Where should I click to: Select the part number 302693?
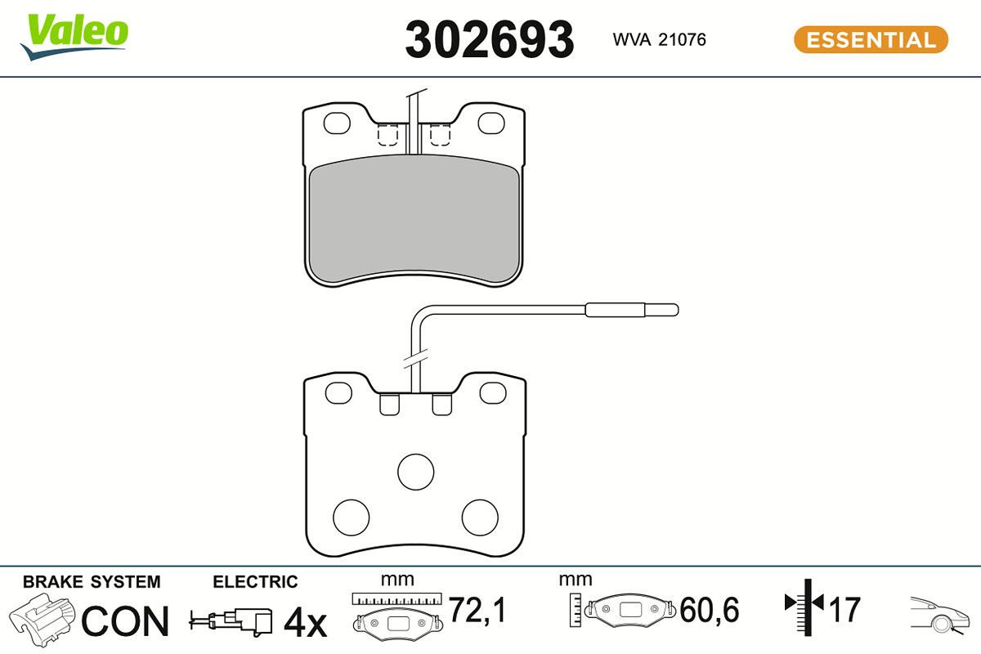pyautogui.click(x=489, y=40)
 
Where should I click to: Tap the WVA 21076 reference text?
pyautogui.click(x=659, y=40)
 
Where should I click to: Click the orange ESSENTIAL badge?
pyautogui.click(x=871, y=40)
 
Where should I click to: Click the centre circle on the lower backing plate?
pyautogui.click(x=415, y=472)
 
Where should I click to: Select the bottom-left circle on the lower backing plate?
pyautogui.click(x=352, y=517)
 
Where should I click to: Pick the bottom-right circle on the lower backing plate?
pyautogui.click(x=480, y=517)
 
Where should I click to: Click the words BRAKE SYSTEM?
pyautogui.click(x=92, y=582)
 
